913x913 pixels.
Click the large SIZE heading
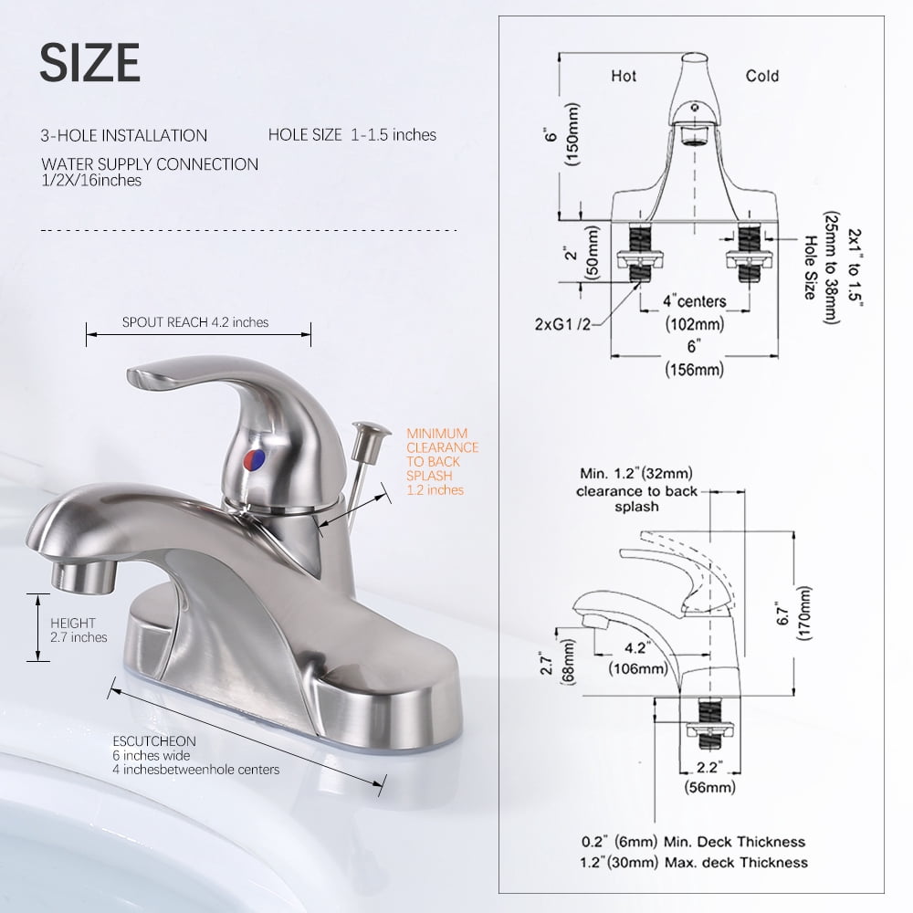tap(89, 62)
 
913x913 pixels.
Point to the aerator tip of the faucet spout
tap(83, 574)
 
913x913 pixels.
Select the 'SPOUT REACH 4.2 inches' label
tap(195, 322)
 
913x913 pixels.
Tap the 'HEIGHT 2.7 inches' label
tap(79, 630)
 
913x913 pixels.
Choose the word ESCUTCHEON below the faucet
tap(154, 741)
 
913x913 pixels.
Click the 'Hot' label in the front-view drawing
tap(624, 76)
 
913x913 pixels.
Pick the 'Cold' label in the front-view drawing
tap(762, 76)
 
